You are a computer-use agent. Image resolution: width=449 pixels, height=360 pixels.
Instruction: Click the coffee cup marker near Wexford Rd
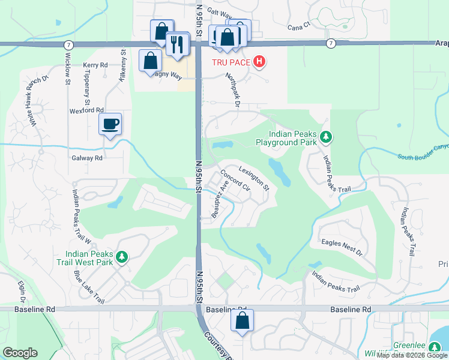tap(110, 124)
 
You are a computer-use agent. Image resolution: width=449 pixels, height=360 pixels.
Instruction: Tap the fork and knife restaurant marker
tap(178, 44)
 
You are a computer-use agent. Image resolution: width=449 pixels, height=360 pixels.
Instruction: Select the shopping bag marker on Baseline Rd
tap(242, 320)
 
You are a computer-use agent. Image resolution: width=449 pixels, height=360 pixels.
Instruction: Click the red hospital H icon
tap(259, 61)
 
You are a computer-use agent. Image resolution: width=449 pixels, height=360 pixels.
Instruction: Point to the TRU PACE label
tap(231, 62)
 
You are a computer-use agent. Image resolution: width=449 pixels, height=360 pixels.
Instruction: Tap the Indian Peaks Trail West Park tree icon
tap(122, 257)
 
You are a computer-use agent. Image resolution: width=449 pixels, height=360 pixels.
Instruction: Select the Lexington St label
tap(254, 178)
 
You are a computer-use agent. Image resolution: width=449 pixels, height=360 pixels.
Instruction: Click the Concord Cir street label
tap(235, 179)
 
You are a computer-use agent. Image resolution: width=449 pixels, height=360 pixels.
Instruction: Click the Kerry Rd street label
tap(95, 65)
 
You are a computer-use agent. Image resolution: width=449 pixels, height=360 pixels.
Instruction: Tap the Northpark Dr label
tap(233, 91)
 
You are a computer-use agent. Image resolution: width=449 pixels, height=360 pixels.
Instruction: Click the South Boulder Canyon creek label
tap(423, 152)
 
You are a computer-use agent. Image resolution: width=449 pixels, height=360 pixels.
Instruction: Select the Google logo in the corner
tap(20, 353)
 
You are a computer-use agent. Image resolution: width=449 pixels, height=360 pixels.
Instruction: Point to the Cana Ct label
tap(298, 26)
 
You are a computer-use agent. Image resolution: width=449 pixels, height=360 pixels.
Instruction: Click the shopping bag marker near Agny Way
tap(149, 61)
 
